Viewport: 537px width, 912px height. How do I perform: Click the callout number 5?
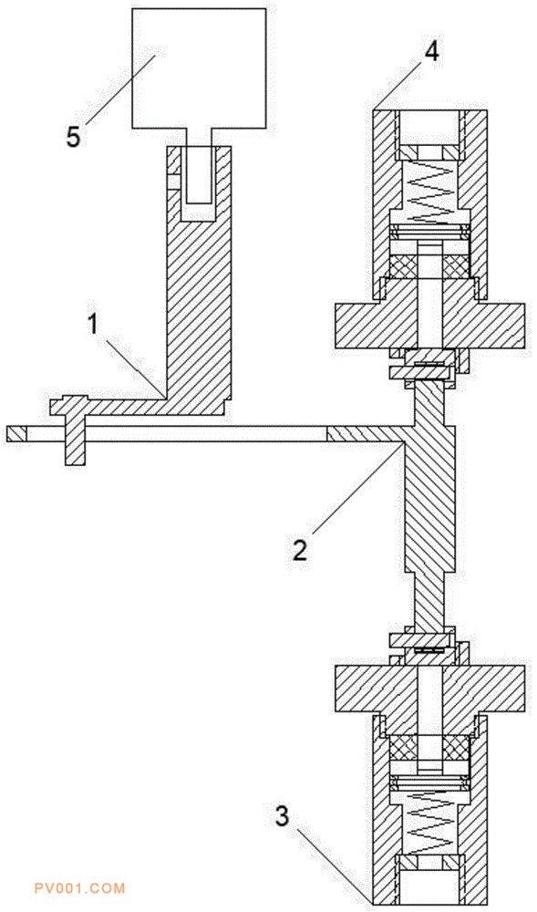click(74, 137)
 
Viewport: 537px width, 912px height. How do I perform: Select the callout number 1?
click(92, 325)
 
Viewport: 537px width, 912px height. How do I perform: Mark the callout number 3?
click(282, 816)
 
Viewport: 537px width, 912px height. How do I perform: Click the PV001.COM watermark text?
click(79, 888)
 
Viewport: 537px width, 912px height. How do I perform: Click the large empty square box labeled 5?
click(200, 68)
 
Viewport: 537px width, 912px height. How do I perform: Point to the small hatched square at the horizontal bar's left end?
click(16, 434)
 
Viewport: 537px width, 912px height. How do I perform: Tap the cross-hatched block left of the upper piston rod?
click(403, 265)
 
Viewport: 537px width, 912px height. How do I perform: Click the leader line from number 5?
click(120, 88)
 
